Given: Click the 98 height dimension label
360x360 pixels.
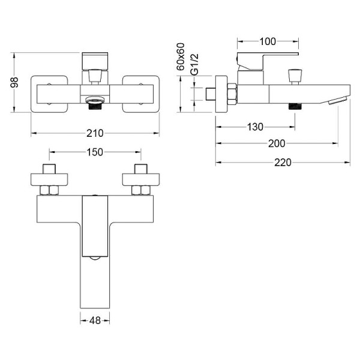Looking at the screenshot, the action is click(x=14, y=82).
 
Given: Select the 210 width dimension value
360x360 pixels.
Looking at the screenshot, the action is click(x=95, y=133).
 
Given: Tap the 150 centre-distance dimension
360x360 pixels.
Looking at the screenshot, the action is click(x=95, y=152).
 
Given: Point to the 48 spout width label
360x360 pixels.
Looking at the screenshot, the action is click(x=95, y=321).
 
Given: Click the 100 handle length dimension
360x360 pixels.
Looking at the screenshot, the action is click(x=268, y=42).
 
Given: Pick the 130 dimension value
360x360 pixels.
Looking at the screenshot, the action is click(x=255, y=127).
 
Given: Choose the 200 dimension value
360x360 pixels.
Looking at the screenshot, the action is click(x=277, y=144).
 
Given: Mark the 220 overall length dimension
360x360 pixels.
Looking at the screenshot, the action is click(x=283, y=163).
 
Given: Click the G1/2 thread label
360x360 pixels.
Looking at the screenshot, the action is click(x=194, y=65).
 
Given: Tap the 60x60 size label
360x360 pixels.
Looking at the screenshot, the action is click(x=181, y=57).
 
